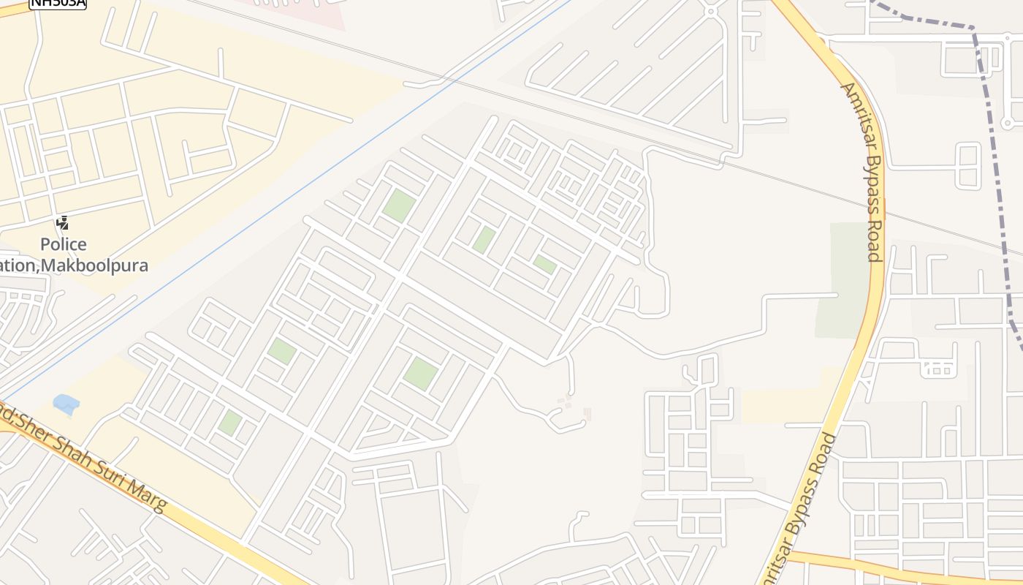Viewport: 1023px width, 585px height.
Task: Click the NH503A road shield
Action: pos(57,3)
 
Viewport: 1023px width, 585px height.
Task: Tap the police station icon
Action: pos(63,223)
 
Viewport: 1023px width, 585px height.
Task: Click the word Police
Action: pos(63,244)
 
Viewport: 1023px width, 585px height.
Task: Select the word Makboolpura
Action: pos(94,265)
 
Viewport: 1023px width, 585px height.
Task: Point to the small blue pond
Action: pos(66,404)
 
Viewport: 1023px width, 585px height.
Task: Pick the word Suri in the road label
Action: pos(112,477)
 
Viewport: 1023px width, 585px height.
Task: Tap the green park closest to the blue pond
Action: pos(230,423)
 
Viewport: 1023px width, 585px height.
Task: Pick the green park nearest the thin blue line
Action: pos(398,204)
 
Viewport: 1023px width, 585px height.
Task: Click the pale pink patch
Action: pos(307,11)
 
